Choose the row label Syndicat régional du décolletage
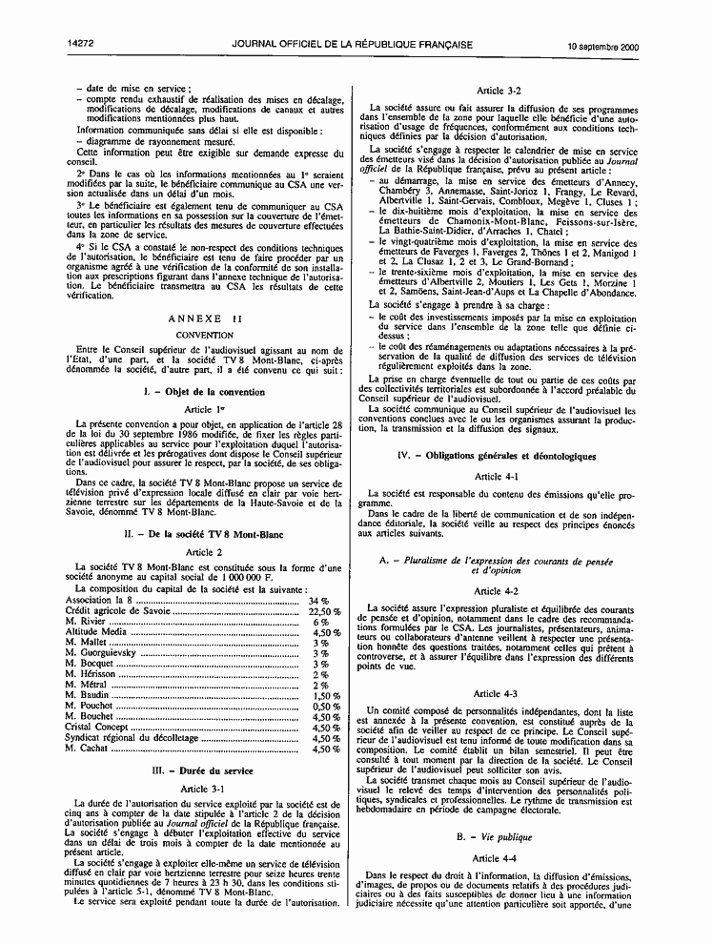(132, 738)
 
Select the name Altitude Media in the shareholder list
(95, 632)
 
